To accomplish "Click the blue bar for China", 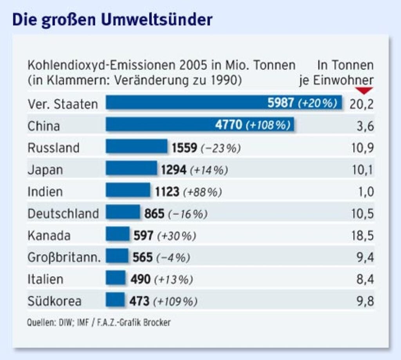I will pyautogui.click(x=200, y=125).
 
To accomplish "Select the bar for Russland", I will pyautogui.click(x=136, y=147).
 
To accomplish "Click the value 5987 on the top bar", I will pyautogui.click(x=280, y=103).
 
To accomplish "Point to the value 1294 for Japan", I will pyautogui.click(x=174, y=170).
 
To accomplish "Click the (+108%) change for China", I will pyautogui.click(x=268, y=125).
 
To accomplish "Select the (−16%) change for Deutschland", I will pyautogui.click(x=188, y=214).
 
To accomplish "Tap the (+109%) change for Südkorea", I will pyautogui.click(x=175, y=301).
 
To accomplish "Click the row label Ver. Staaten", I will pyautogui.click(x=63, y=104).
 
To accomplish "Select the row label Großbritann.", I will pyautogui.click(x=64, y=257).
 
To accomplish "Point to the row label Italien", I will pyautogui.click(x=45, y=279).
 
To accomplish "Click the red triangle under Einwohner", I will pyautogui.click(x=365, y=91).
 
